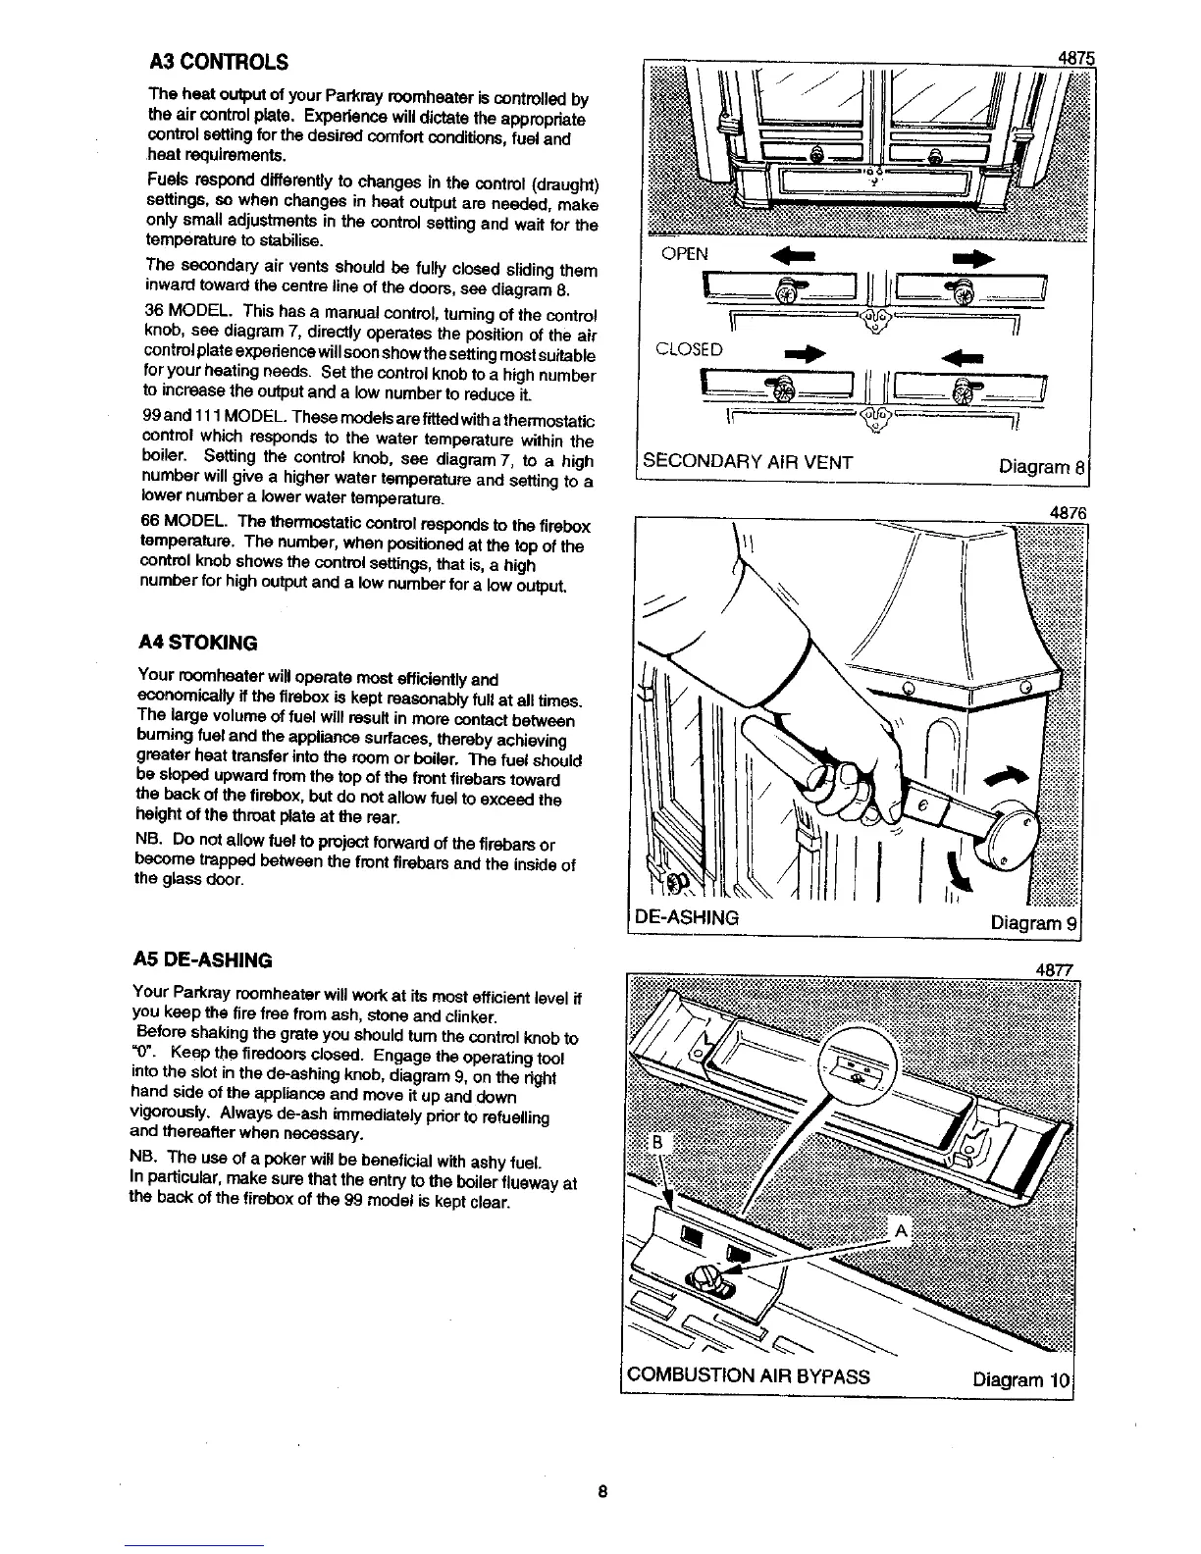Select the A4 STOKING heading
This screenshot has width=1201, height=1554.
[x=197, y=644]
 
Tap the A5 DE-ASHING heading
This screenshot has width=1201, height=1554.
[x=204, y=958]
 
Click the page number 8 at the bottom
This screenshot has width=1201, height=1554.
[x=602, y=1492]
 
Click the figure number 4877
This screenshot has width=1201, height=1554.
[x=1058, y=970]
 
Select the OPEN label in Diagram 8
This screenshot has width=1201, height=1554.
[x=684, y=254]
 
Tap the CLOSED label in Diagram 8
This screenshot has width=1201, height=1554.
[x=691, y=349]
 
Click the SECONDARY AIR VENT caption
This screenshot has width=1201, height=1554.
[x=748, y=462]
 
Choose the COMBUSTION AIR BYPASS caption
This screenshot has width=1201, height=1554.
[x=748, y=1375]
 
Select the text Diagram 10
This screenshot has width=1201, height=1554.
[x=1023, y=1377]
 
